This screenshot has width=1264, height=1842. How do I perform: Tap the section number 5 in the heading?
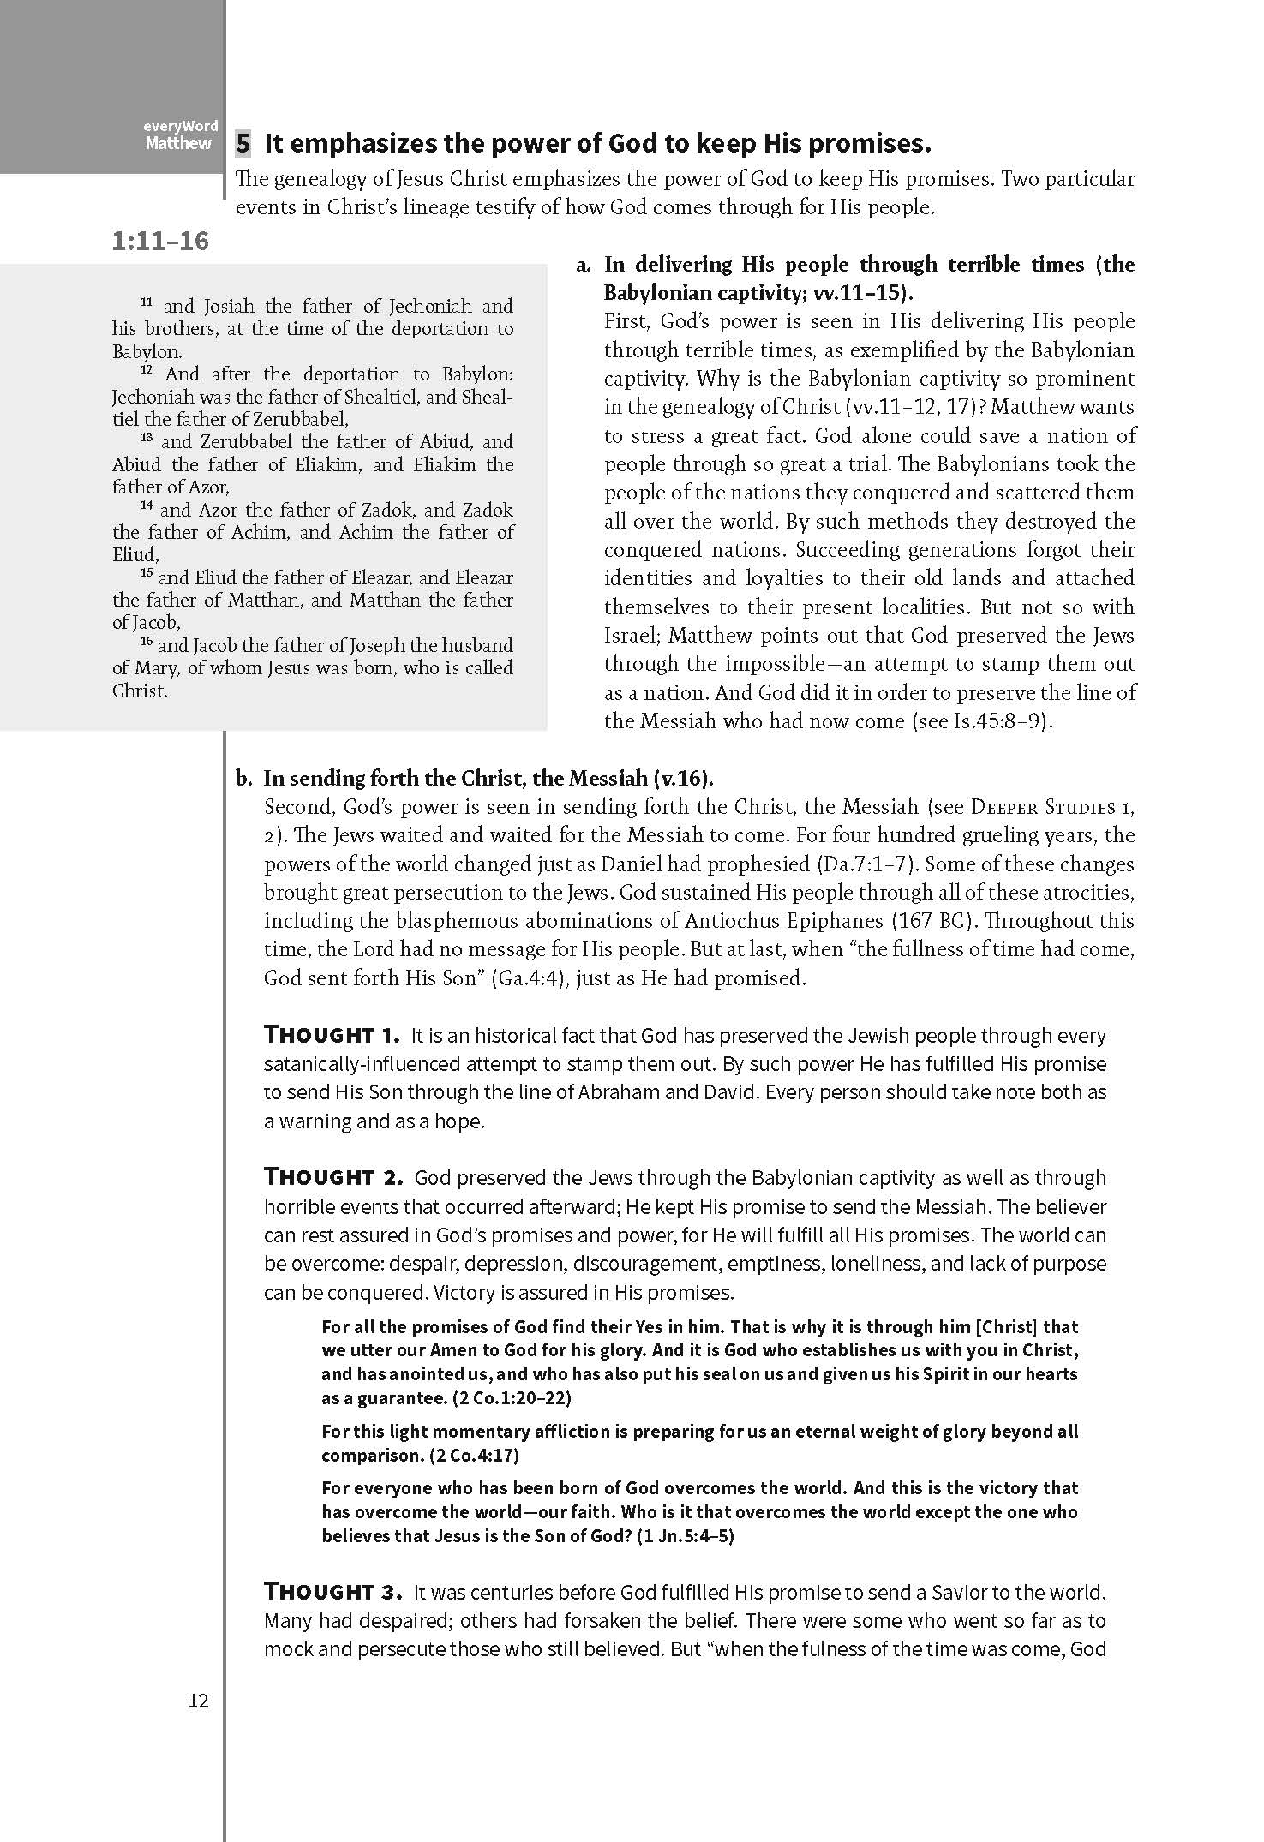tap(243, 143)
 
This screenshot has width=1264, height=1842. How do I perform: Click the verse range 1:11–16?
tap(160, 241)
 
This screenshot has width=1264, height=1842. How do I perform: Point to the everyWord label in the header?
tap(181, 126)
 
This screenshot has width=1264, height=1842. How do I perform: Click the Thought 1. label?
tap(332, 1035)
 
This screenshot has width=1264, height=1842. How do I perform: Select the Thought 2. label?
tap(333, 1177)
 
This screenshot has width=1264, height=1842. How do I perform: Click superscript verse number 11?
tap(146, 303)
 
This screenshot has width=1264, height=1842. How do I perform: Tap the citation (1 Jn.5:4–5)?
tap(686, 1535)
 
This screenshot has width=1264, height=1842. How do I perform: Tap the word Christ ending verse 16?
tap(138, 691)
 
